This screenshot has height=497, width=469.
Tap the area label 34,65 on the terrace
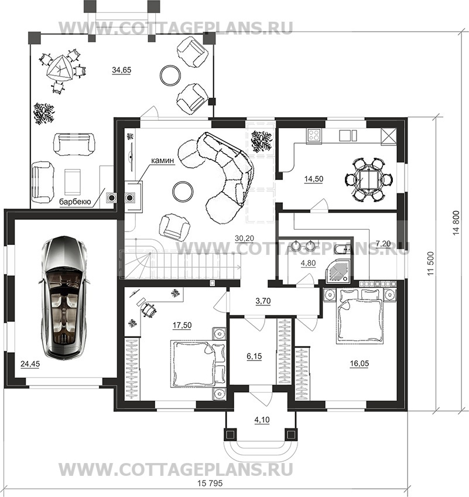[x=121, y=70]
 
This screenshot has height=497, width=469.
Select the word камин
[x=162, y=161]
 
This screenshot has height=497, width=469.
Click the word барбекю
[x=75, y=202]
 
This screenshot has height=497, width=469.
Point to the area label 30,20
[x=244, y=238]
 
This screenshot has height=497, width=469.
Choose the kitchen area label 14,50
[x=313, y=179]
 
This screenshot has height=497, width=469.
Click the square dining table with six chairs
[x=369, y=180]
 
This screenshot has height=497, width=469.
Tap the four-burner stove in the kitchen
[x=314, y=135]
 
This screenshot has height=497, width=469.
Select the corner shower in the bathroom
[x=339, y=271]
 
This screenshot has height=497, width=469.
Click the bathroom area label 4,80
[x=308, y=263]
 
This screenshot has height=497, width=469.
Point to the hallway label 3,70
[x=263, y=301]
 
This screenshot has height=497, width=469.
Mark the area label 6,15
[x=254, y=356]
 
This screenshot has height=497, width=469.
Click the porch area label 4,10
[x=262, y=420]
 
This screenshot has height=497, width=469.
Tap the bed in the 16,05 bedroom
[x=360, y=316]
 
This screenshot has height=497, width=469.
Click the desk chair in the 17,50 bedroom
[x=148, y=309]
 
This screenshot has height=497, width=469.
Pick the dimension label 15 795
[x=210, y=484]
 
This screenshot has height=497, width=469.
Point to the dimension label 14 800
[x=456, y=223]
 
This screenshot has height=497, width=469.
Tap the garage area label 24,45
[x=30, y=364]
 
